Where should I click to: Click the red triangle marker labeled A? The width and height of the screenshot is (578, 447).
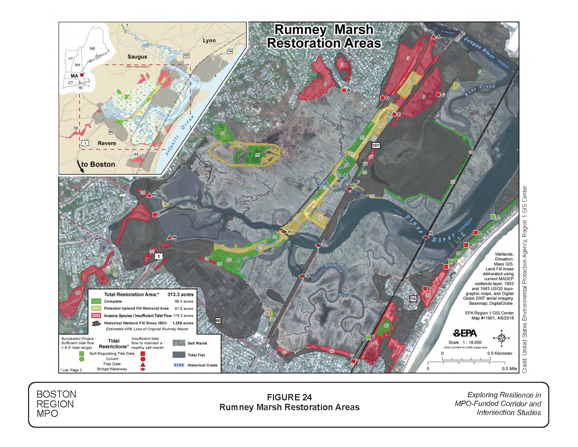click(433, 36)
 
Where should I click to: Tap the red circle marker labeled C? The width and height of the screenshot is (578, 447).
click(438, 95)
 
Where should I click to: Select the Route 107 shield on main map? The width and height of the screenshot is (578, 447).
click(376, 145)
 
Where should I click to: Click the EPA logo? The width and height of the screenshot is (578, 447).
click(465, 333)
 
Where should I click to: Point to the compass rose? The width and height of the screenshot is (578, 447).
click(501, 338)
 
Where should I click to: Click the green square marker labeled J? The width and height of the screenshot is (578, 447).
click(493, 217)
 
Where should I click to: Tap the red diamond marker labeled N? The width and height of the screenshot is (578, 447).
click(426, 237)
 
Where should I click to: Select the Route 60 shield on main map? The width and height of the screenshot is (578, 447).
click(218, 320)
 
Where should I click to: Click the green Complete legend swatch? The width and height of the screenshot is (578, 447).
click(96, 301)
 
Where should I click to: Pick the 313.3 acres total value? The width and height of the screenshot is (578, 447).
click(180, 294)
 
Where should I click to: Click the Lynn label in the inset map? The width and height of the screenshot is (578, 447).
click(209, 40)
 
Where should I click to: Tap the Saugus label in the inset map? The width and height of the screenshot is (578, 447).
click(137, 56)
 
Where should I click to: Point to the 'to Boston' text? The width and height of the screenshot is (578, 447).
click(98, 164)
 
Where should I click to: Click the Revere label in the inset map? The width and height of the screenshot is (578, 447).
click(107, 143)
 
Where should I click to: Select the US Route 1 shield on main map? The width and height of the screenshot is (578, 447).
click(159, 256)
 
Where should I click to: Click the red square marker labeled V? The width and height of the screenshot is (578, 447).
click(353, 361)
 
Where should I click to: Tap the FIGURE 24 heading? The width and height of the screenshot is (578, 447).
click(289, 397)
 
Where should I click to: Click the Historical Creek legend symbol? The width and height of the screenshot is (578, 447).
click(179, 365)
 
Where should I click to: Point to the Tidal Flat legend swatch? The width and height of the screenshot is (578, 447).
click(179, 355)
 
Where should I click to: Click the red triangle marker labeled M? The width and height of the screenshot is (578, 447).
click(170, 238)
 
